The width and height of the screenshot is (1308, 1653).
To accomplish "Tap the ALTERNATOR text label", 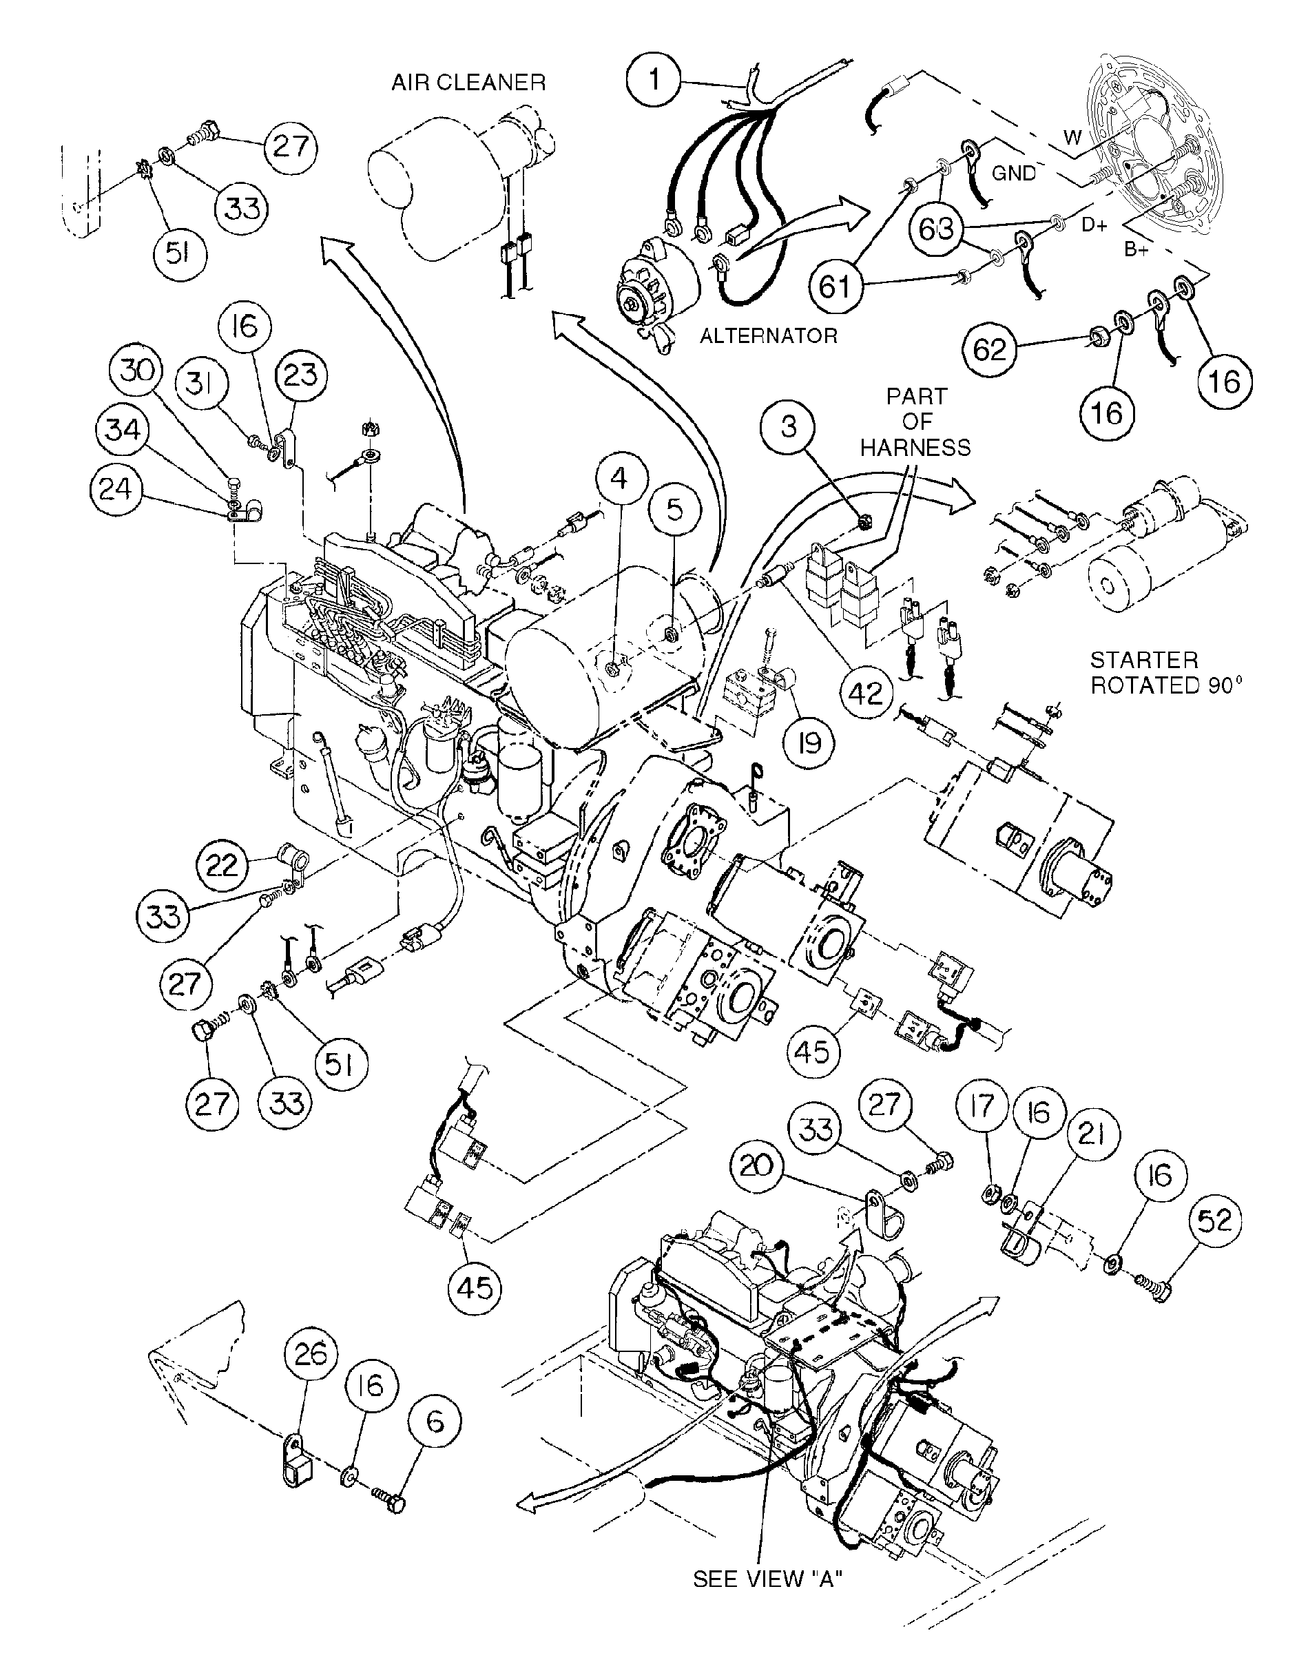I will pos(768,336).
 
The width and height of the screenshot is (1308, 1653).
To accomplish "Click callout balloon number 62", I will pos(989,350).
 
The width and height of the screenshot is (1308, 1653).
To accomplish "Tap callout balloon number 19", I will pos(809,742).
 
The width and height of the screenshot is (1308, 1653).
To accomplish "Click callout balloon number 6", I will pos(434,1422).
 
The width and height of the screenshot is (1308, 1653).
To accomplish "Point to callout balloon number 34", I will pos(123,430).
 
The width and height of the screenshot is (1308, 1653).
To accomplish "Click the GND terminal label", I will pos(1013,174).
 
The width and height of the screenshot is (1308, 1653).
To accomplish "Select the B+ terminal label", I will pos(1136,249).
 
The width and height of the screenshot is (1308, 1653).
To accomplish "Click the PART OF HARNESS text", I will pos(916,422).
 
